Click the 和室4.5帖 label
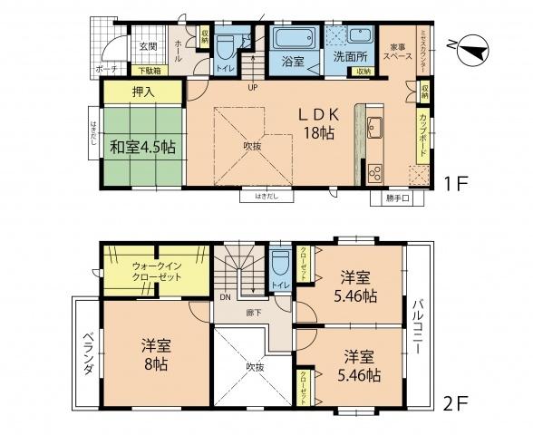point(143,148)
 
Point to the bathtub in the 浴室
point(292,41)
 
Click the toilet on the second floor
point(280,265)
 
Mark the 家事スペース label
point(402,51)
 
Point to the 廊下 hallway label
point(255,312)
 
